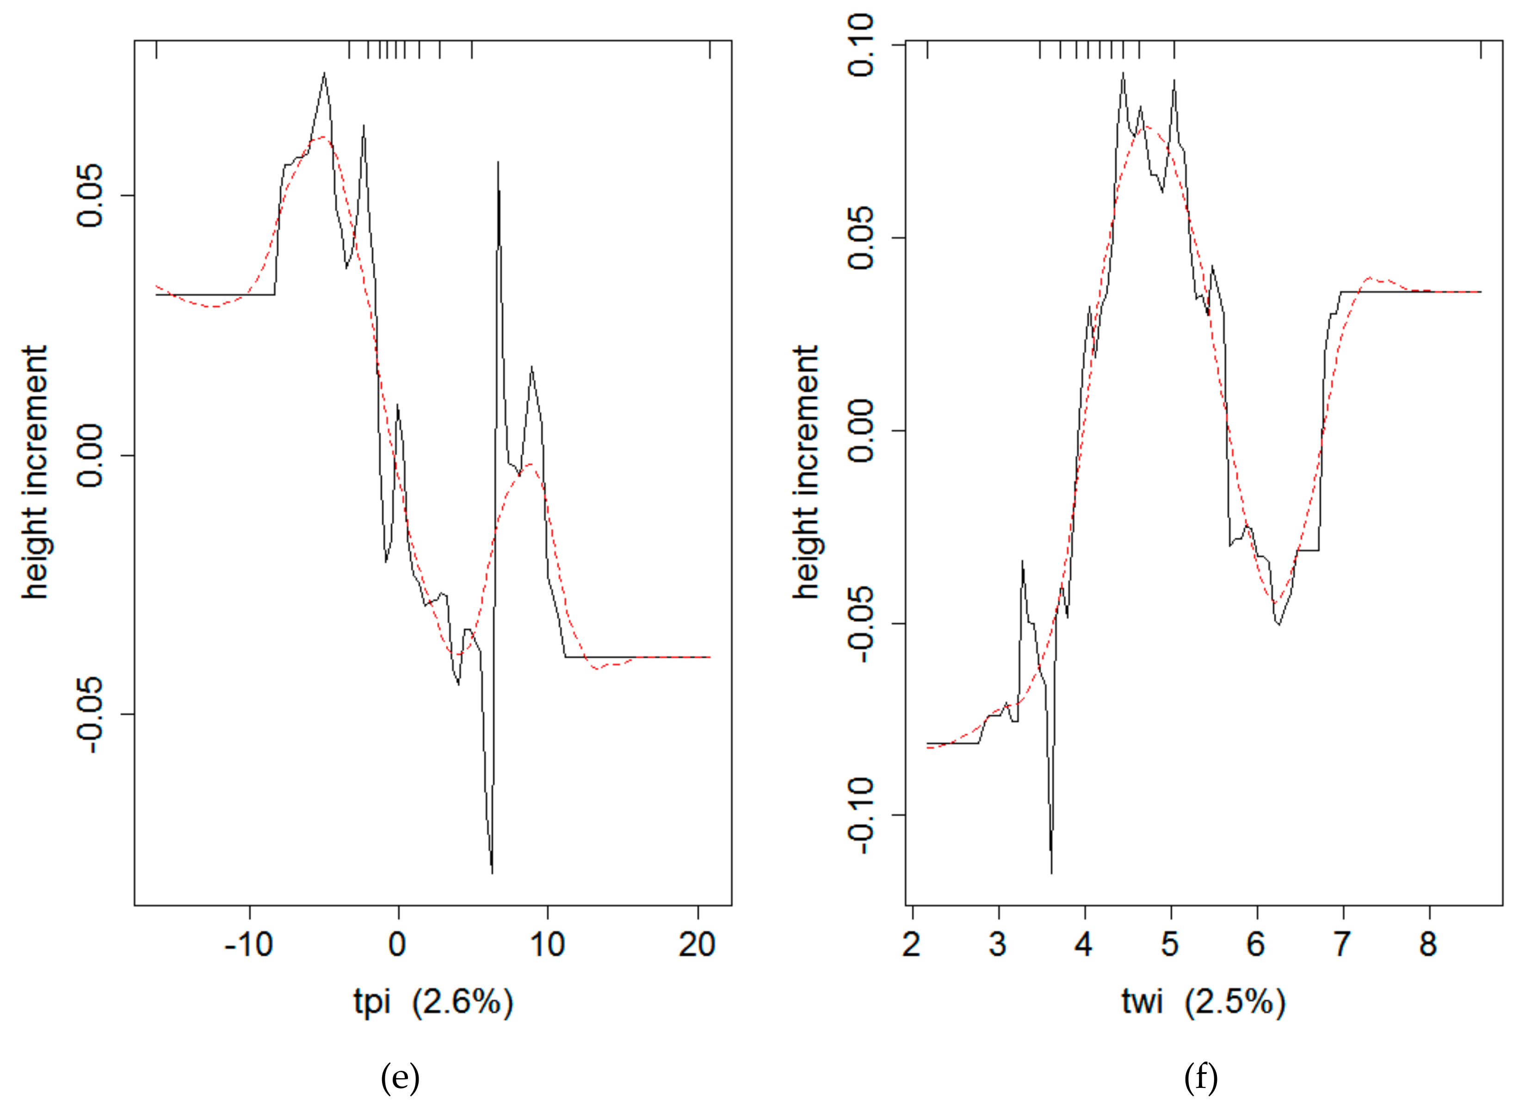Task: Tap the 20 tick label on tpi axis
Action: [x=697, y=945]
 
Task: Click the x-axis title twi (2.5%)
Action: [x=1204, y=1002]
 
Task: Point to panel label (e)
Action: [x=400, y=1078]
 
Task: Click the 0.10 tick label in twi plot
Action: [x=862, y=45]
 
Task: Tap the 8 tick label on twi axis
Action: [x=1429, y=945]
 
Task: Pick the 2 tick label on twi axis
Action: [x=912, y=945]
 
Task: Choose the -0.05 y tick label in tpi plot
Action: [x=90, y=714]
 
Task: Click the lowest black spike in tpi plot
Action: [x=492, y=872]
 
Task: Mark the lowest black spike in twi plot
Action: [x=1051, y=872]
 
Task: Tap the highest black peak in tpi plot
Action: [x=324, y=73]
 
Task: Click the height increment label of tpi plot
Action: [x=35, y=472]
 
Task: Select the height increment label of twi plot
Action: [x=806, y=472]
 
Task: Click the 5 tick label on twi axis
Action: [x=1170, y=945]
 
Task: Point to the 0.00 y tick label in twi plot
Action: [x=862, y=431]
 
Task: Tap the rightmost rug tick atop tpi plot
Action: [x=710, y=50]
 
